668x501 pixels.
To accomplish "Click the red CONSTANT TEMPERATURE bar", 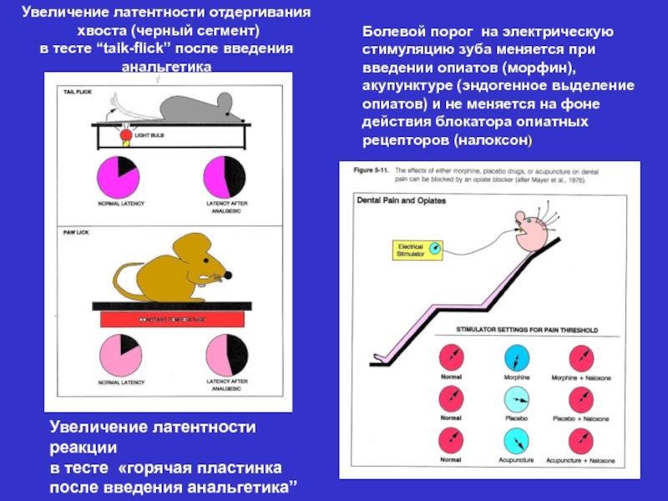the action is [176, 320].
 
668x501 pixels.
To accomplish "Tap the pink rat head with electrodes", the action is [532, 230].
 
